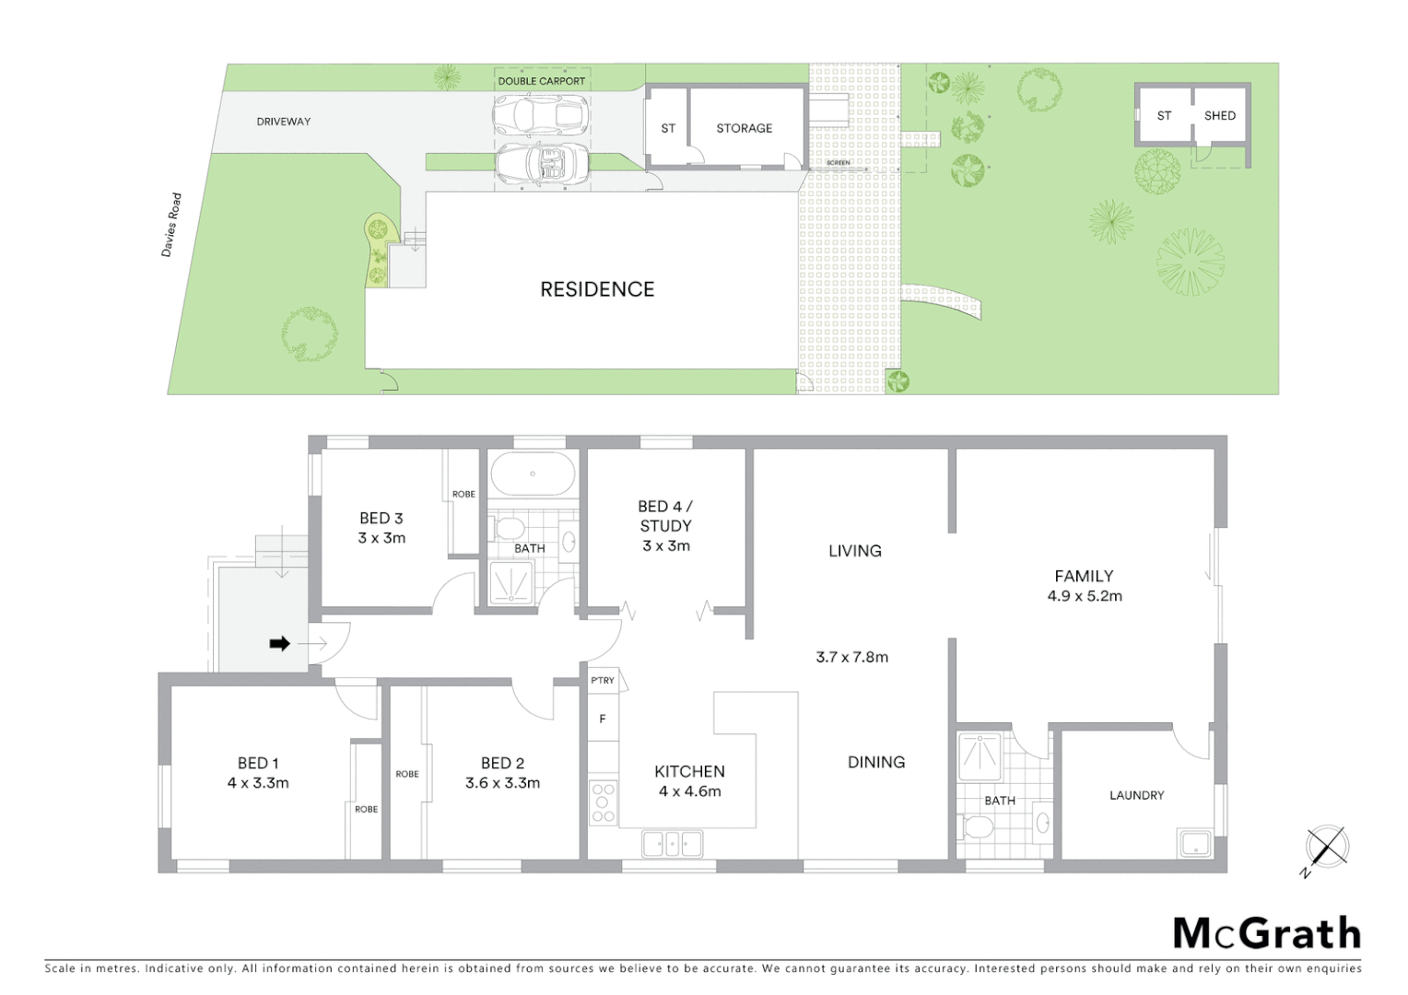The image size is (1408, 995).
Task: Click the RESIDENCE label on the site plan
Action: click(x=597, y=289)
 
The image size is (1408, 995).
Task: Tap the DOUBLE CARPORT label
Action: click(x=541, y=81)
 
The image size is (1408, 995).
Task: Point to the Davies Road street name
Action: click(x=171, y=225)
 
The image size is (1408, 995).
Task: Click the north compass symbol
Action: click(x=1327, y=847)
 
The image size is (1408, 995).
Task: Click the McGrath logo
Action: click(x=1266, y=933)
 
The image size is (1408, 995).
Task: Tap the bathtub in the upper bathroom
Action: click(x=533, y=474)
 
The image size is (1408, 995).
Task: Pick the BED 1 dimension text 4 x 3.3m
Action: click(x=258, y=783)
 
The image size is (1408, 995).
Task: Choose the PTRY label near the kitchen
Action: click(x=603, y=681)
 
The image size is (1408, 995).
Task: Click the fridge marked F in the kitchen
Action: click(x=603, y=719)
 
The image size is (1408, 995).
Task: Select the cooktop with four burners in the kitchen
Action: click(x=604, y=802)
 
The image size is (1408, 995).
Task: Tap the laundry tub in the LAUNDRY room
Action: click(x=1195, y=842)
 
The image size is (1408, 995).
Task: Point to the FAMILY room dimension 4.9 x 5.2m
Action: click(x=1085, y=596)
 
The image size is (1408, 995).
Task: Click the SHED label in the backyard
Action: click(x=1219, y=115)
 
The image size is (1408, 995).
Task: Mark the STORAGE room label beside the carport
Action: click(x=744, y=128)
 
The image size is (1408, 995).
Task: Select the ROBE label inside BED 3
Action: click(x=463, y=495)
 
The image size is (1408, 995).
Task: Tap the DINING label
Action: click(x=875, y=762)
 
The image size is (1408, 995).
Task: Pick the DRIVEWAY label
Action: click(x=283, y=122)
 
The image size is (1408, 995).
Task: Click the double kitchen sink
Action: click(x=673, y=843)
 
